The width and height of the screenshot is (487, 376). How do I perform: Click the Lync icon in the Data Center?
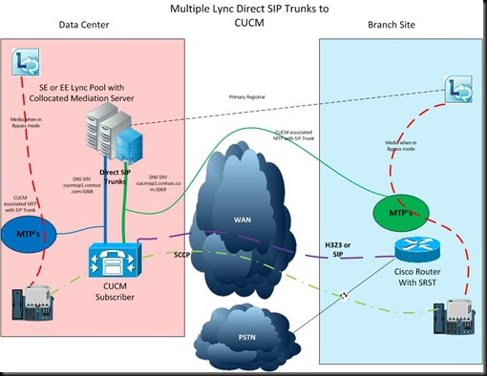tap(25, 64)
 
